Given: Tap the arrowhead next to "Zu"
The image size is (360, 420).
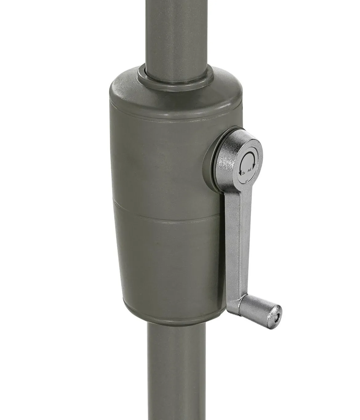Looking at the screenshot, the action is click(240, 173).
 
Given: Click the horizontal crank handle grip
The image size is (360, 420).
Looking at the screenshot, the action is click(262, 310).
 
